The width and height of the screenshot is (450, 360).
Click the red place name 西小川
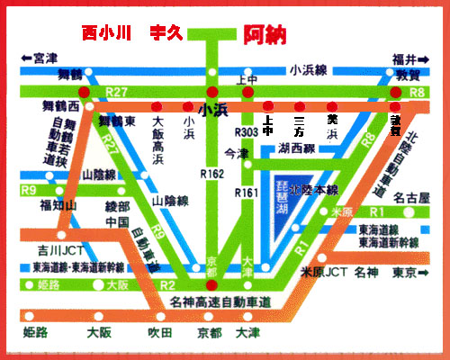click(107, 33)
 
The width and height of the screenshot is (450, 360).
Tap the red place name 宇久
click(166, 33)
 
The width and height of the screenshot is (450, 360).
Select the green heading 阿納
click(265, 34)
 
